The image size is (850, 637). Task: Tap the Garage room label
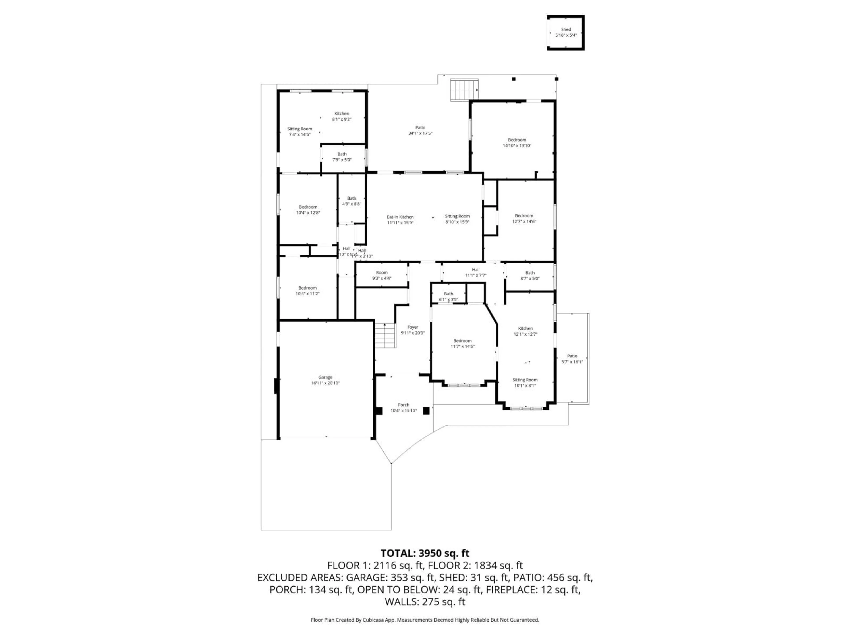coord(325,377)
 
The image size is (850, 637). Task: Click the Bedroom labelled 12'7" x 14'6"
coord(524,219)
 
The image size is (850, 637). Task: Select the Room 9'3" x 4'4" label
coord(382,275)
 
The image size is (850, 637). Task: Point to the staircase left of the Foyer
coord(385,336)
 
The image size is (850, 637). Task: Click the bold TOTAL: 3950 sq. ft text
coord(425,553)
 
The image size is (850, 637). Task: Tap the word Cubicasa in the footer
coord(372,620)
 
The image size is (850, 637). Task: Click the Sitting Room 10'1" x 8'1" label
coord(525,382)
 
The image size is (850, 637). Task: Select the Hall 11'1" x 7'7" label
coord(476,272)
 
